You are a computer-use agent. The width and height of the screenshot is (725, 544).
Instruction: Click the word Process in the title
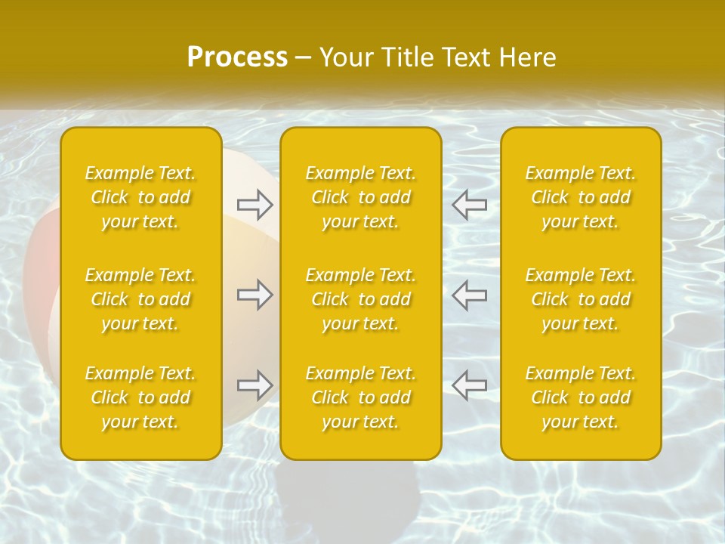[x=237, y=57]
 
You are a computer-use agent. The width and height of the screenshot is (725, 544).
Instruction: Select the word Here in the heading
[x=526, y=57]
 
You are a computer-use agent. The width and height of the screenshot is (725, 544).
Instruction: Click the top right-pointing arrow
[x=255, y=204]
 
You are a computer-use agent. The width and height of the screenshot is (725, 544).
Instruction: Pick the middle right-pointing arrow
[x=255, y=295]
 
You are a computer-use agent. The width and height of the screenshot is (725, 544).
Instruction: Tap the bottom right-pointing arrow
[x=255, y=385]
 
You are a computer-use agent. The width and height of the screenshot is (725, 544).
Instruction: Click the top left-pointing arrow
[x=469, y=204]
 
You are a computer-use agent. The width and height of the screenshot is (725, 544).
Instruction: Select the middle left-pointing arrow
[x=469, y=295]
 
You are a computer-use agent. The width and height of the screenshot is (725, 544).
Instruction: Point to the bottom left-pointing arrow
[x=469, y=385]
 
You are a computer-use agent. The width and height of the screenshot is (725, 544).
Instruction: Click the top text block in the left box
[x=140, y=197]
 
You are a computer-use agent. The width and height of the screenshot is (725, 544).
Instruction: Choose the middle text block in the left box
[x=140, y=299]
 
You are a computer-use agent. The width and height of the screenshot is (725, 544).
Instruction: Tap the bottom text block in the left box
[x=140, y=397]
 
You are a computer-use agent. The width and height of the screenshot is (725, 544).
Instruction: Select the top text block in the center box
[x=361, y=197]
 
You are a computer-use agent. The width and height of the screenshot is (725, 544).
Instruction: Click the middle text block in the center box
[x=361, y=299]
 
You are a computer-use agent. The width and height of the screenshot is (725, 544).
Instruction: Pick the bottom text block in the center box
[x=361, y=397]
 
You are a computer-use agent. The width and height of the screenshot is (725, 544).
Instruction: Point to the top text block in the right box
[x=581, y=197]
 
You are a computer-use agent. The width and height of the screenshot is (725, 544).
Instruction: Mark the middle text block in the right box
[x=581, y=299]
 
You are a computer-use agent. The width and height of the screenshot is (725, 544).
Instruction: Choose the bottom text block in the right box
[x=581, y=397]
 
